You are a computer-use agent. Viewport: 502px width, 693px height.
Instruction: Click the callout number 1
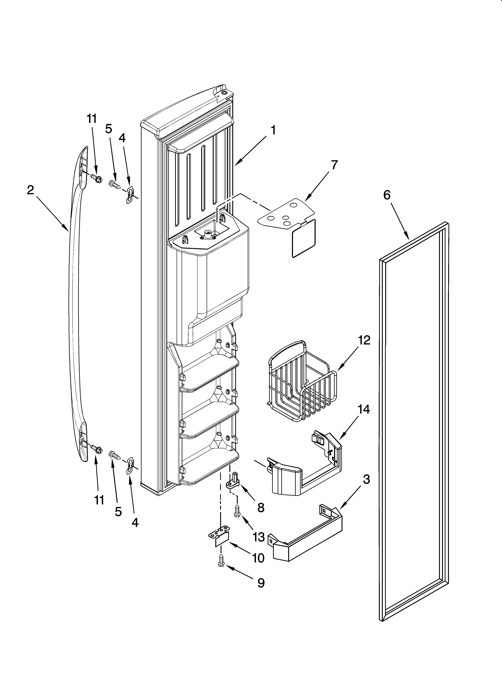273,130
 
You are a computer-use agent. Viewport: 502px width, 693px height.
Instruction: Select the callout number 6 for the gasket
387,195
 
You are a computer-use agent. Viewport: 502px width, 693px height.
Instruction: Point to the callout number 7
335,165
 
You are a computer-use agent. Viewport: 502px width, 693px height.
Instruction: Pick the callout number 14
364,409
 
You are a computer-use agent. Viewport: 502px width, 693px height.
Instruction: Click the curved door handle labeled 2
73,306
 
